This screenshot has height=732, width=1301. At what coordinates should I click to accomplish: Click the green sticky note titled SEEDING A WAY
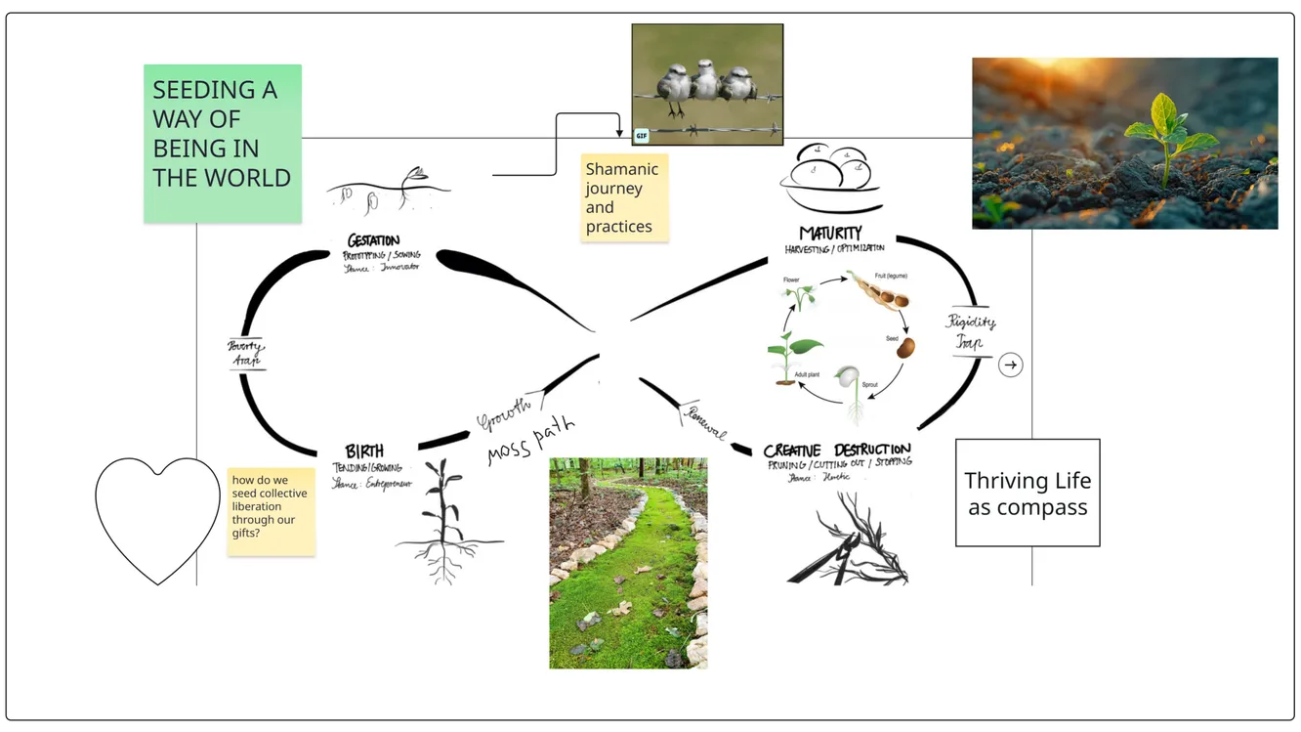222,143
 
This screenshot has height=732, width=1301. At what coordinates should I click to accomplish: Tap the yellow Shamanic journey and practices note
624,197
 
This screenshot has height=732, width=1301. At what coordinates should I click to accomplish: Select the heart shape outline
158,519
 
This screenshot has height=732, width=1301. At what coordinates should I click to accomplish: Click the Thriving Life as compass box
1028,493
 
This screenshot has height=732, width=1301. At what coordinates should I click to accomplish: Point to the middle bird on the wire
705,81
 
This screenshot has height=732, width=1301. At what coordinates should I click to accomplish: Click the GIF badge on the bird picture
642,136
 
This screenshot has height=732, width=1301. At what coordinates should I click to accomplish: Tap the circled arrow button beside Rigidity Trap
1011,366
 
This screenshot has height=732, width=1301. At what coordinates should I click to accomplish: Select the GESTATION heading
373,240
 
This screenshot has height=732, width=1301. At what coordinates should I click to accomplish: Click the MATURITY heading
830,234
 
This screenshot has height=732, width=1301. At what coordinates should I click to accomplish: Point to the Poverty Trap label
247,354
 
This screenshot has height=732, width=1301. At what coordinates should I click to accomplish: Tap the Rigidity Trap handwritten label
971,331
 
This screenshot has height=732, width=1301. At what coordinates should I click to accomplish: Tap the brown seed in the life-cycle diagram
905,347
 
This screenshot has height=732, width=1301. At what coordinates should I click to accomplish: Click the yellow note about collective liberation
271,511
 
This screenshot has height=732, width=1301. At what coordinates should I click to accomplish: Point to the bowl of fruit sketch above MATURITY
830,179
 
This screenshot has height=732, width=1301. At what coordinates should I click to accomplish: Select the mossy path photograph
628,563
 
